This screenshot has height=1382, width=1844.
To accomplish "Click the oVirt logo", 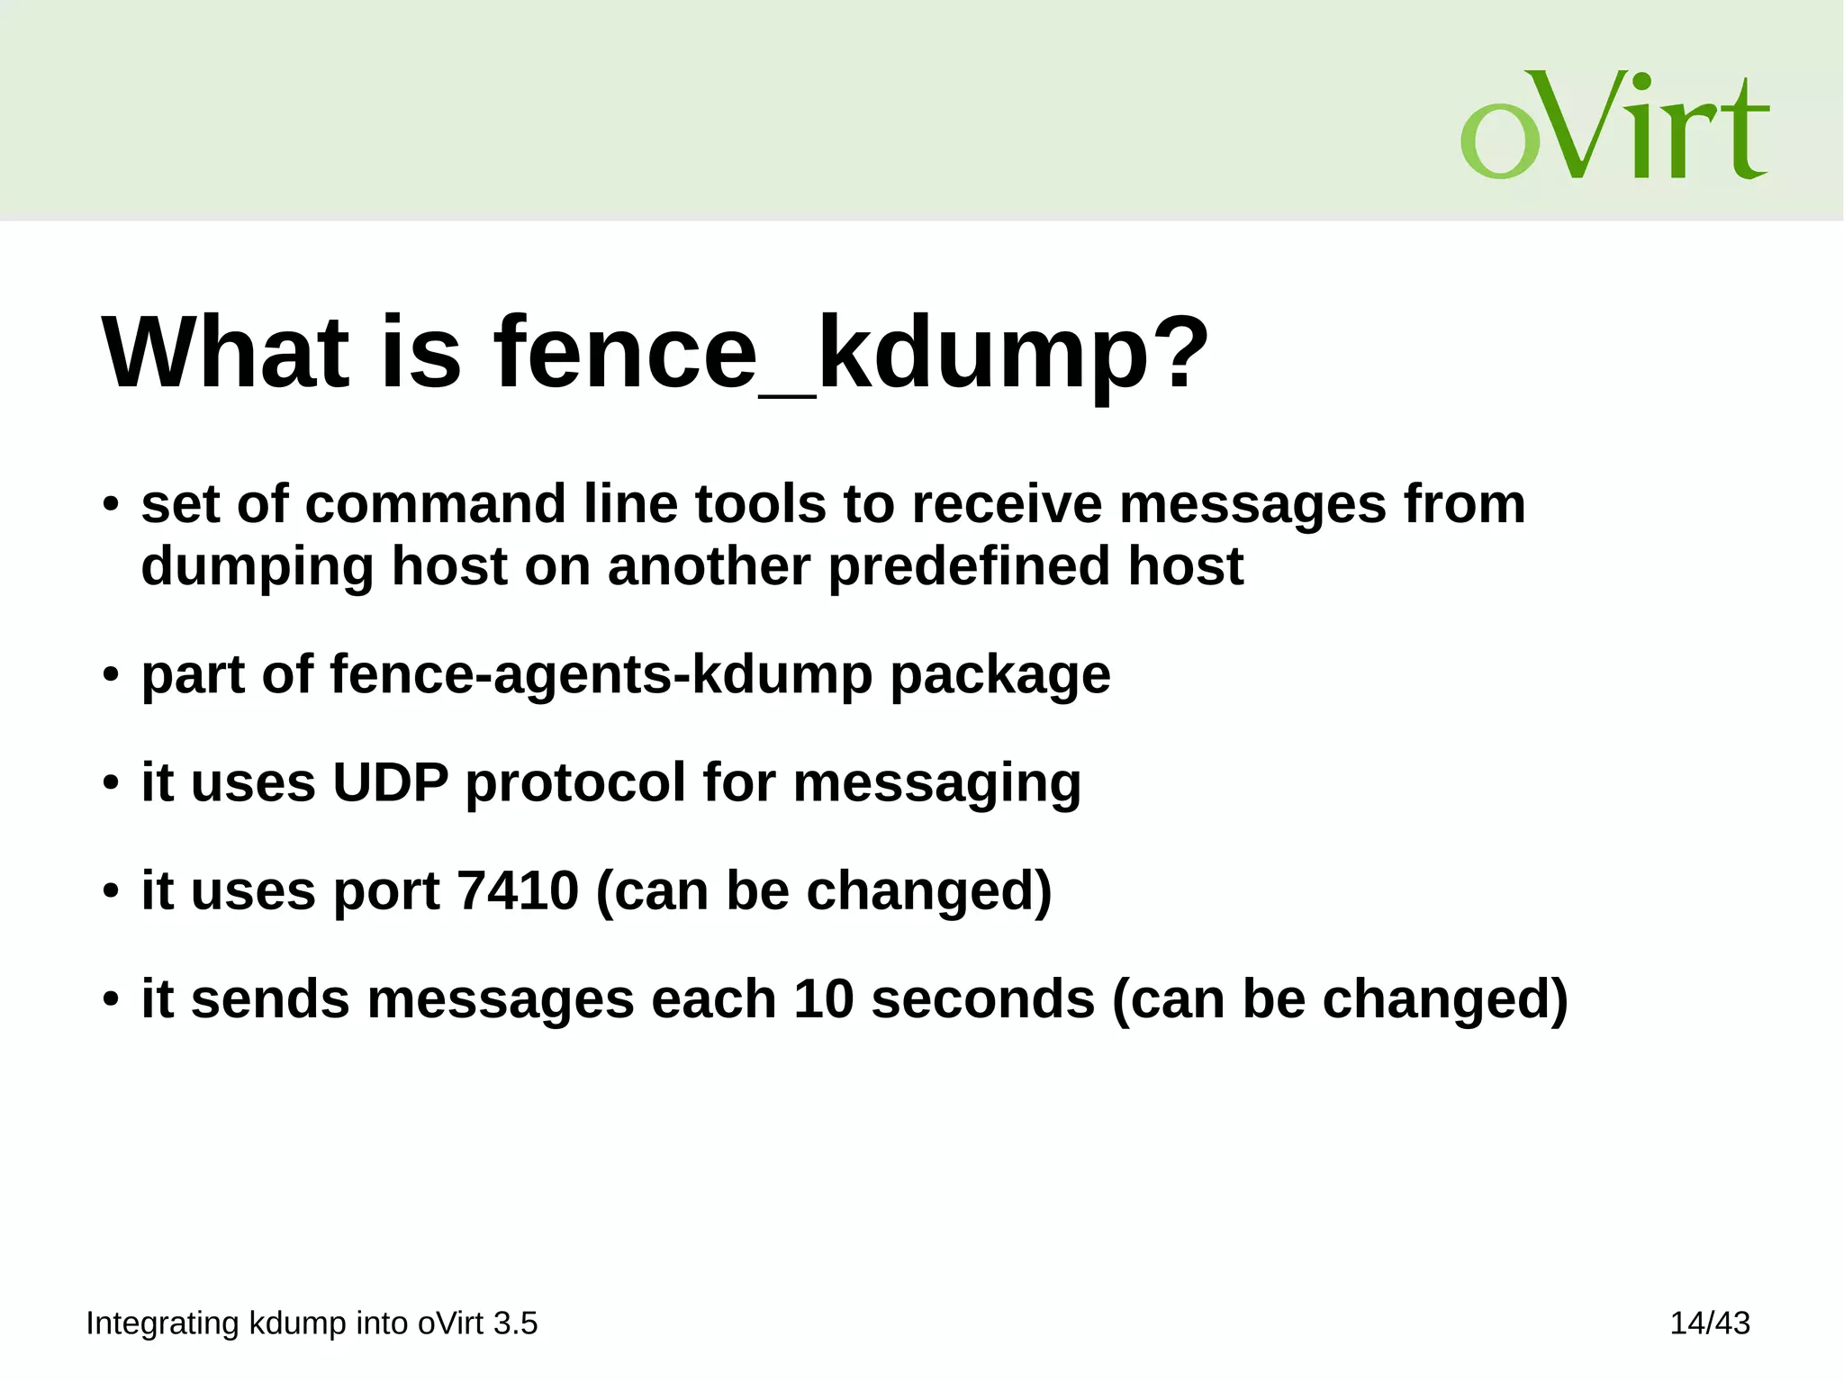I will tap(1613, 125).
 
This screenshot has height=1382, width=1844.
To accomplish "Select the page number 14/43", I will tap(1709, 1323).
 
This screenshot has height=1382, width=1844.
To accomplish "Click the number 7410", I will tap(518, 890).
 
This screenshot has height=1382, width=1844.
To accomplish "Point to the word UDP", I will tap(390, 781).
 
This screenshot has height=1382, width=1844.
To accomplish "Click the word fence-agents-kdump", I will tap(601, 674).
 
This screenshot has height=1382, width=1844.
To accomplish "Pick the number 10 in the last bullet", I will tap(823, 998).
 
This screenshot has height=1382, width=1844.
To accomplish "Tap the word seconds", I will tap(983, 998).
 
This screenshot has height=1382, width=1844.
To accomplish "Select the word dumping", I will tap(258, 567).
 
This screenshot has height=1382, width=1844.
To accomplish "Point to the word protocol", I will tap(575, 781).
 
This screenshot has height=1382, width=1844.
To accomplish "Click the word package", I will tap(1000, 676).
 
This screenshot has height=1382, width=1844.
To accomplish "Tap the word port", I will tap(387, 892).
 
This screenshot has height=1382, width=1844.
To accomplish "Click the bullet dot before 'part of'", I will tap(111, 674).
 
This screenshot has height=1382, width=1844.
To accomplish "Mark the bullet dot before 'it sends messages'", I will tap(111, 998).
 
